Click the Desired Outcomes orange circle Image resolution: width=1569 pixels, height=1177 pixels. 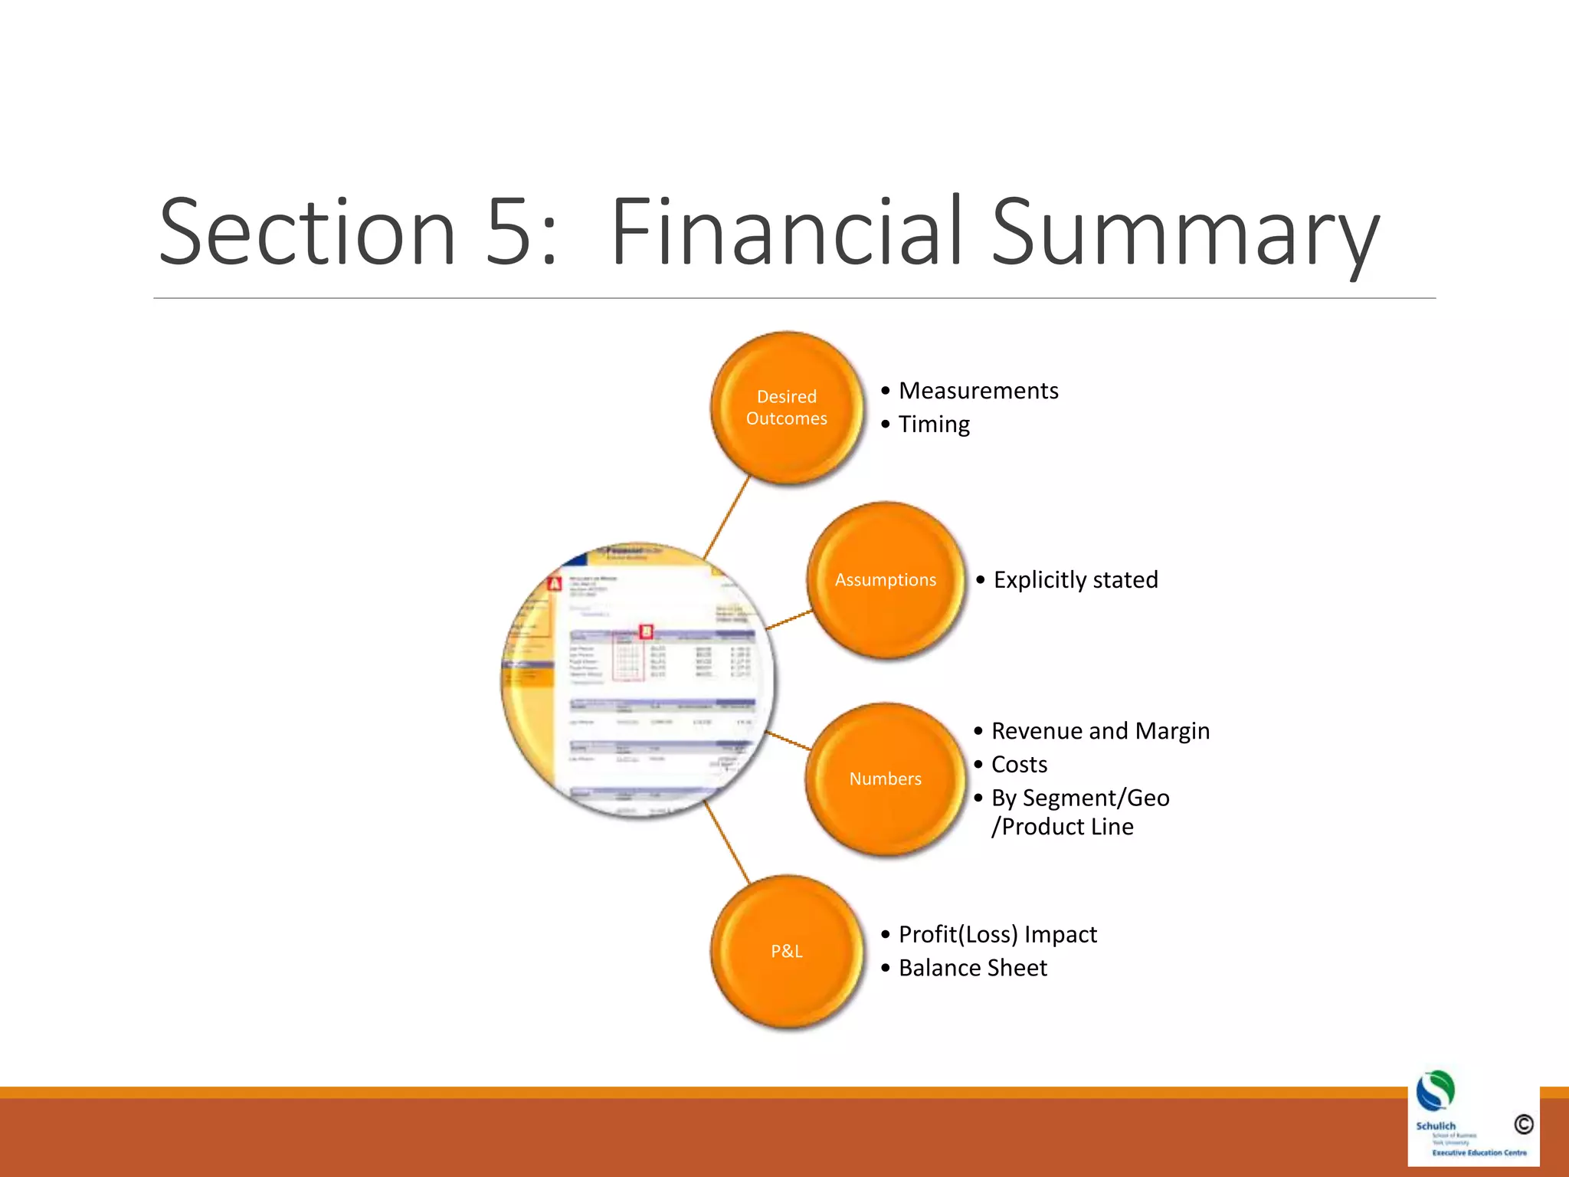(x=786, y=408)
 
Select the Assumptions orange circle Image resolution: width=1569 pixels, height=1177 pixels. (x=885, y=580)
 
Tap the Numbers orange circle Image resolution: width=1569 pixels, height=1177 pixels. (x=885, y=779)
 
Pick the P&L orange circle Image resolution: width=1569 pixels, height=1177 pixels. (x=786, y=951)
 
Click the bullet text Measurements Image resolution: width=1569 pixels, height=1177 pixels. (x=978, y=391)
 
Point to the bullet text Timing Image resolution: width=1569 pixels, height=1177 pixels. (x=934, y=425)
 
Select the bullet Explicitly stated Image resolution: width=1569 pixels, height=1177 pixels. (x=1075, y=580)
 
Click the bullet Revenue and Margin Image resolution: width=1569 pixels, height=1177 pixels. (x=1100, y=731)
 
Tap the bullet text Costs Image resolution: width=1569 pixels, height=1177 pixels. (x=1019, y=765)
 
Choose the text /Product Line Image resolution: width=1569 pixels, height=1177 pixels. (x=1063, y=827)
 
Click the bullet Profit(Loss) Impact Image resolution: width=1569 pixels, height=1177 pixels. (x=997, y=935)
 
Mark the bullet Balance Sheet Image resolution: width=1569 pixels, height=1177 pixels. (x=972, y=969)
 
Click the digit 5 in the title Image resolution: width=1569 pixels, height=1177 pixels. (x=509, y=232)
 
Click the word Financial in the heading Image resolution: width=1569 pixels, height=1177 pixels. (x=786, y=232)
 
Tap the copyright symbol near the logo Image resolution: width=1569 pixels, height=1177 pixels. (x=1524, y=1124)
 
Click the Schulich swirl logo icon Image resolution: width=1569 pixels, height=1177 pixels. (x=1436, y=1091)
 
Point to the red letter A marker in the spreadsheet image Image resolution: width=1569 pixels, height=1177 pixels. (x=555, y=585)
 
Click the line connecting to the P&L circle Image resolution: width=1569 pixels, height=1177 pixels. (x=726, y=843)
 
